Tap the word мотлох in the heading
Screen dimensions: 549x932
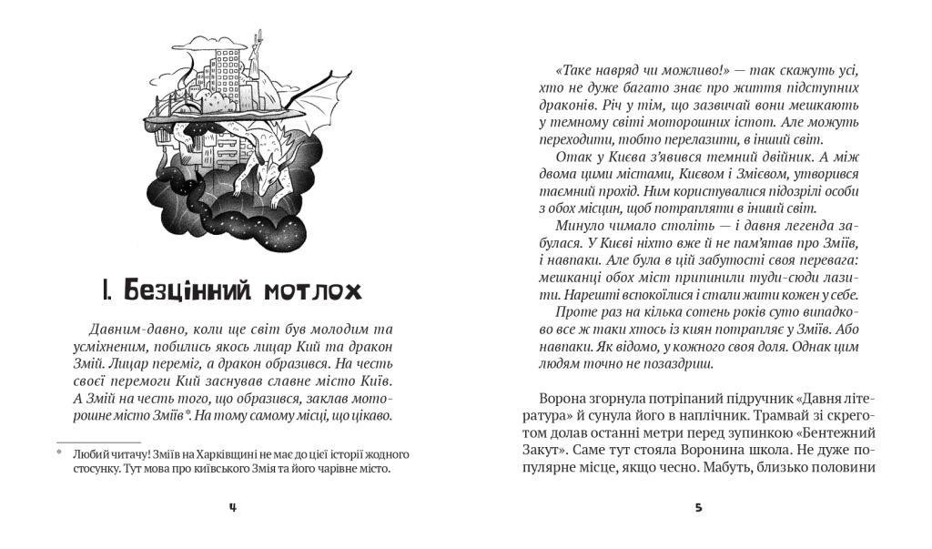click(x=312, y=291)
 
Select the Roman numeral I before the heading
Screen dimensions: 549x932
click(x=106, y=291)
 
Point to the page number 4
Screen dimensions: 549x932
click(x=233, y=507)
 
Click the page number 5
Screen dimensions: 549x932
click(x=698, y=507)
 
